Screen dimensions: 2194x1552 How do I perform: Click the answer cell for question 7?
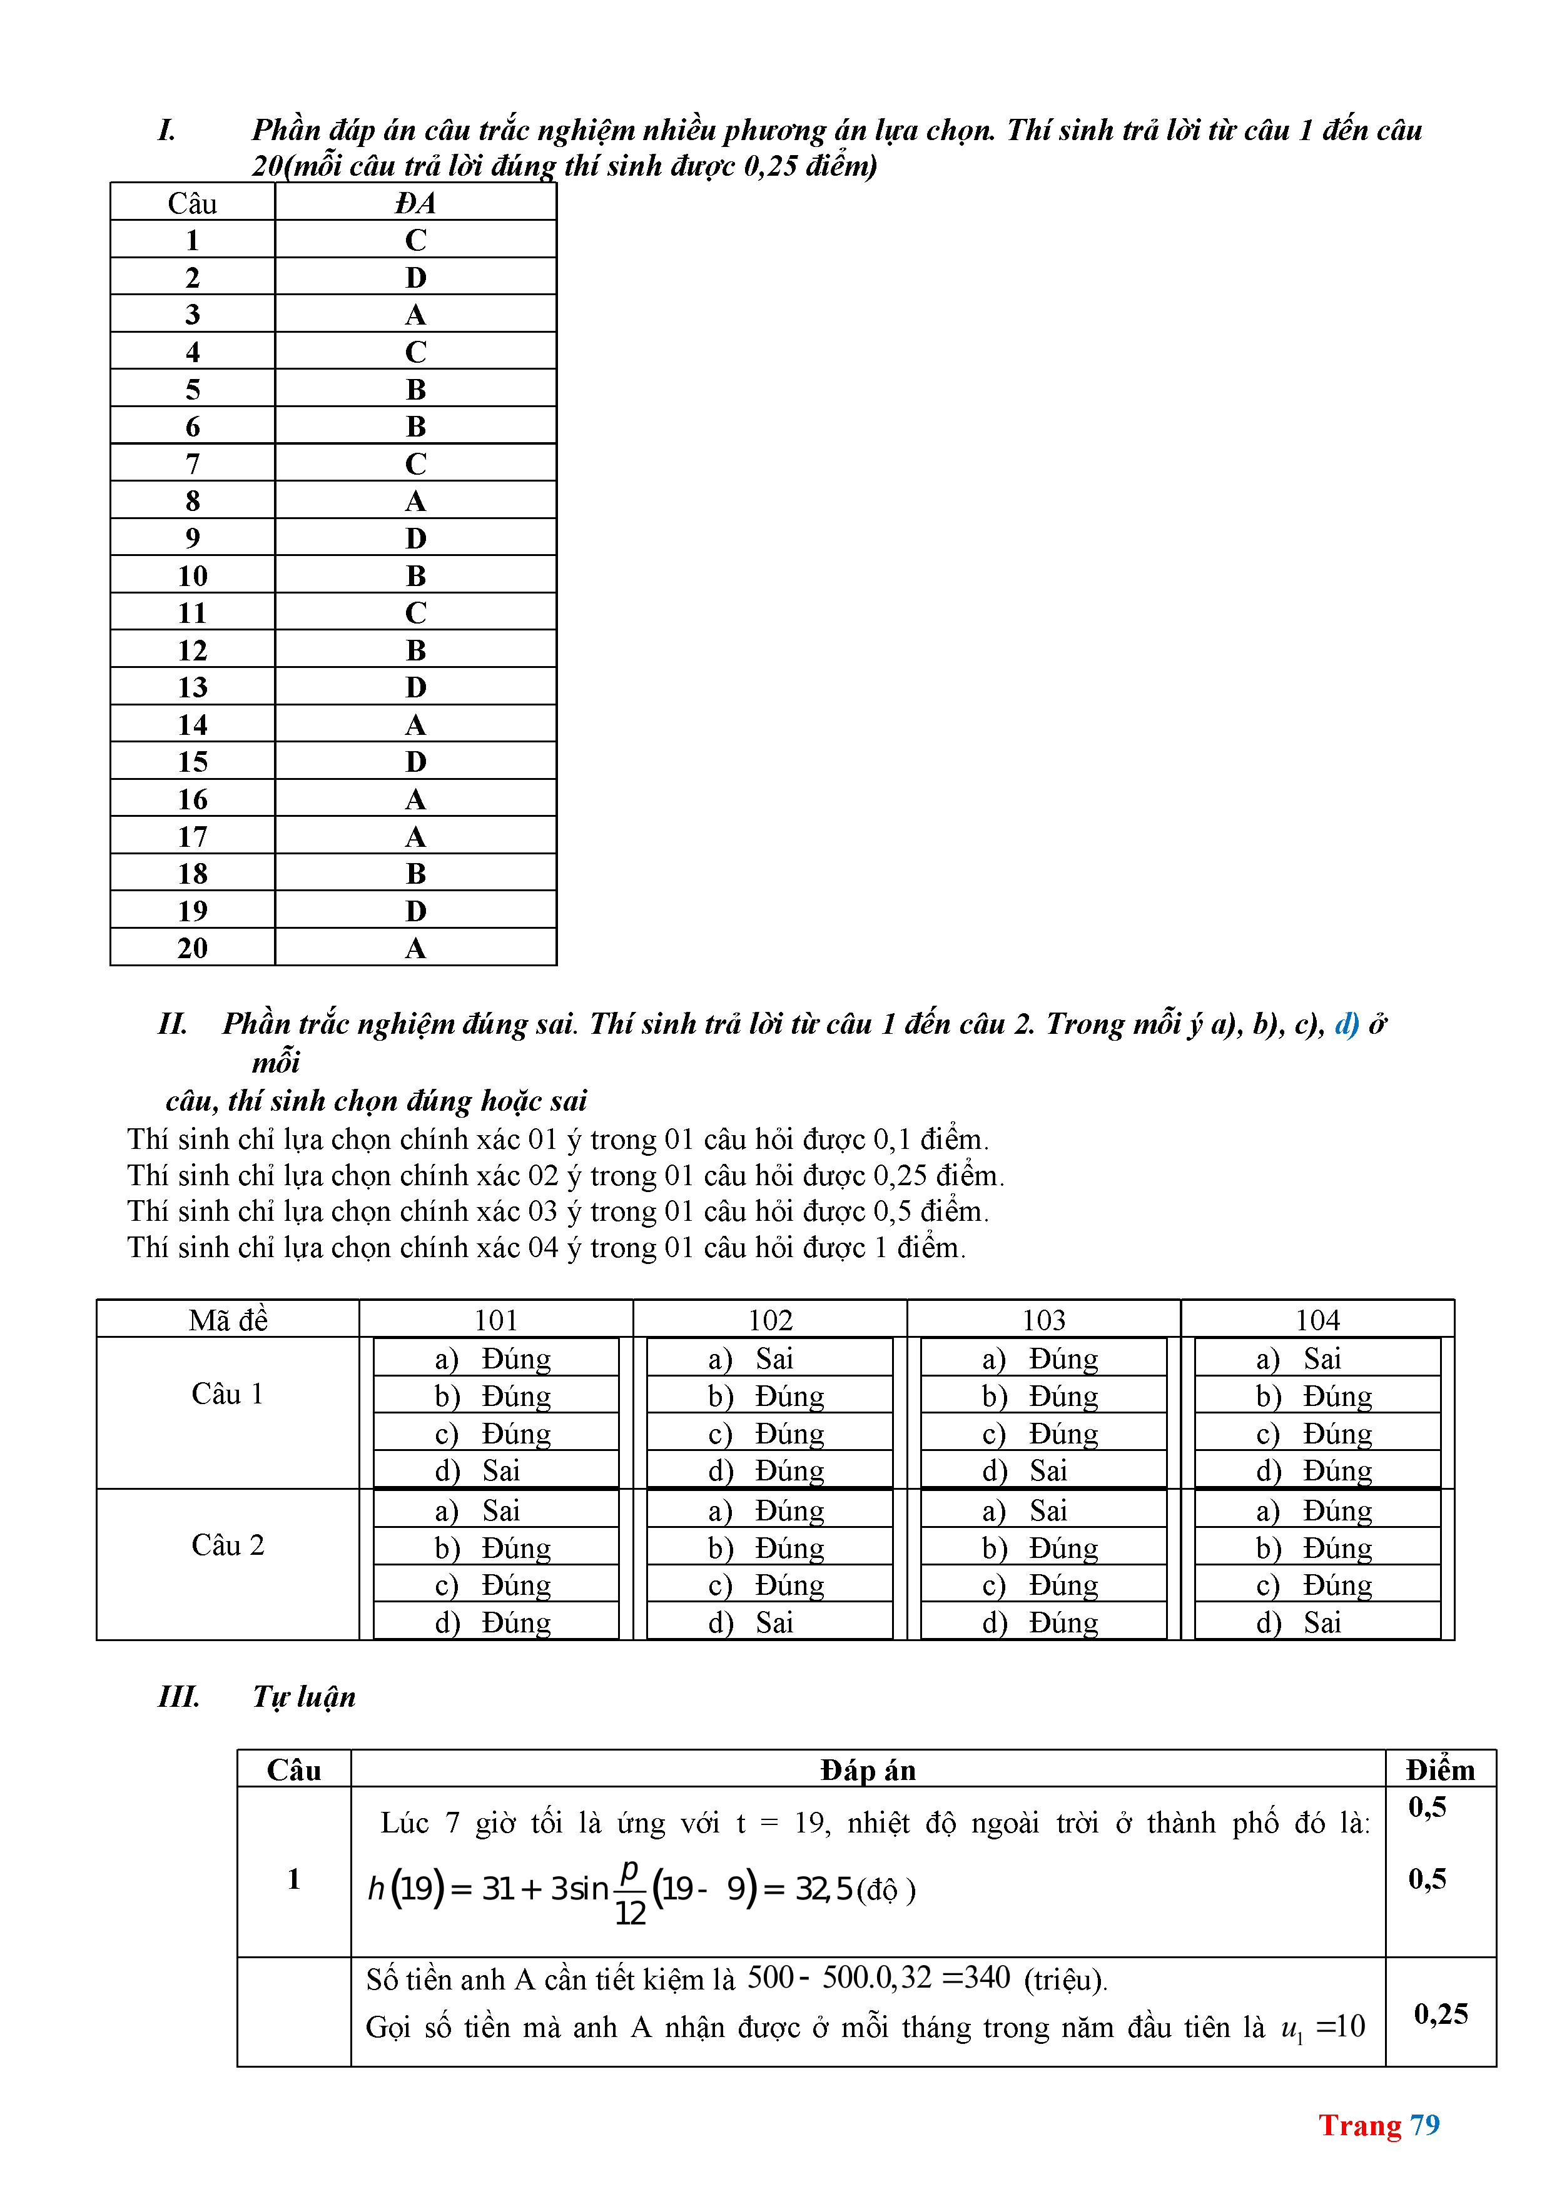415,463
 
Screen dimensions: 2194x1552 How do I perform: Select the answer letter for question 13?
415,687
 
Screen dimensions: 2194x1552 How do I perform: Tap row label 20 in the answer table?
192,948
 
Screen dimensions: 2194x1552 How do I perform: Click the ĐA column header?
415,203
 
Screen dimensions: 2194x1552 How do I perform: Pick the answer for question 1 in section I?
415,240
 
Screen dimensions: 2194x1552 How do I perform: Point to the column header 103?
1043,1320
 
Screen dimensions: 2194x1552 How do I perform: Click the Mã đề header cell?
228,1320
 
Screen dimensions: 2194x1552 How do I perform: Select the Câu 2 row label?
228,1545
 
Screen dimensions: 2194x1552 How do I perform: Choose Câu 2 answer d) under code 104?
1316,1622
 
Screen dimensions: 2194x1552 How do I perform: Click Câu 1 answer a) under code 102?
769,1358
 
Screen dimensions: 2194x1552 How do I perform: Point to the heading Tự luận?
304,1696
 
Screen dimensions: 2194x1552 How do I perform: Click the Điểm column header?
1439,1771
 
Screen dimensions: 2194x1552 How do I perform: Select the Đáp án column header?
867,1771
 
